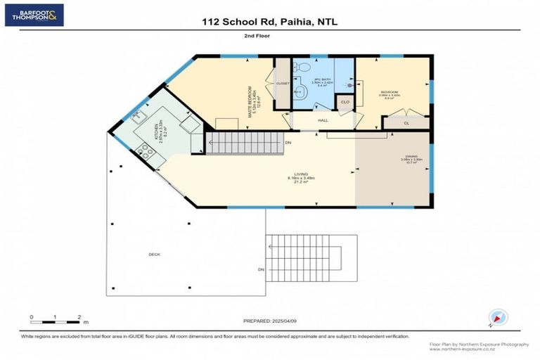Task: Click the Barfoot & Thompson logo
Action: (x=34, y=14)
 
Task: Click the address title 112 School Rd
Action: (x=269, y=22)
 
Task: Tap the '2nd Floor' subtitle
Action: (x=257, y=35)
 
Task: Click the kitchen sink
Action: (x=136, y=115)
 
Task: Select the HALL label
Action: (x=323, y=121)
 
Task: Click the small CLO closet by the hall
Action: (x=345, y=102)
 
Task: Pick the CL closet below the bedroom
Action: (x=406, y=122)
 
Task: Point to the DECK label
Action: (x=154, y=254)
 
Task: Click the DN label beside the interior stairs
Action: (x=288, y=143)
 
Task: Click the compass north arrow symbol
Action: (x=497, y=318)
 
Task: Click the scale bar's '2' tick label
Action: (x=79, y=317)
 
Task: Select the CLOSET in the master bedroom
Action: (x=282, y=84)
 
